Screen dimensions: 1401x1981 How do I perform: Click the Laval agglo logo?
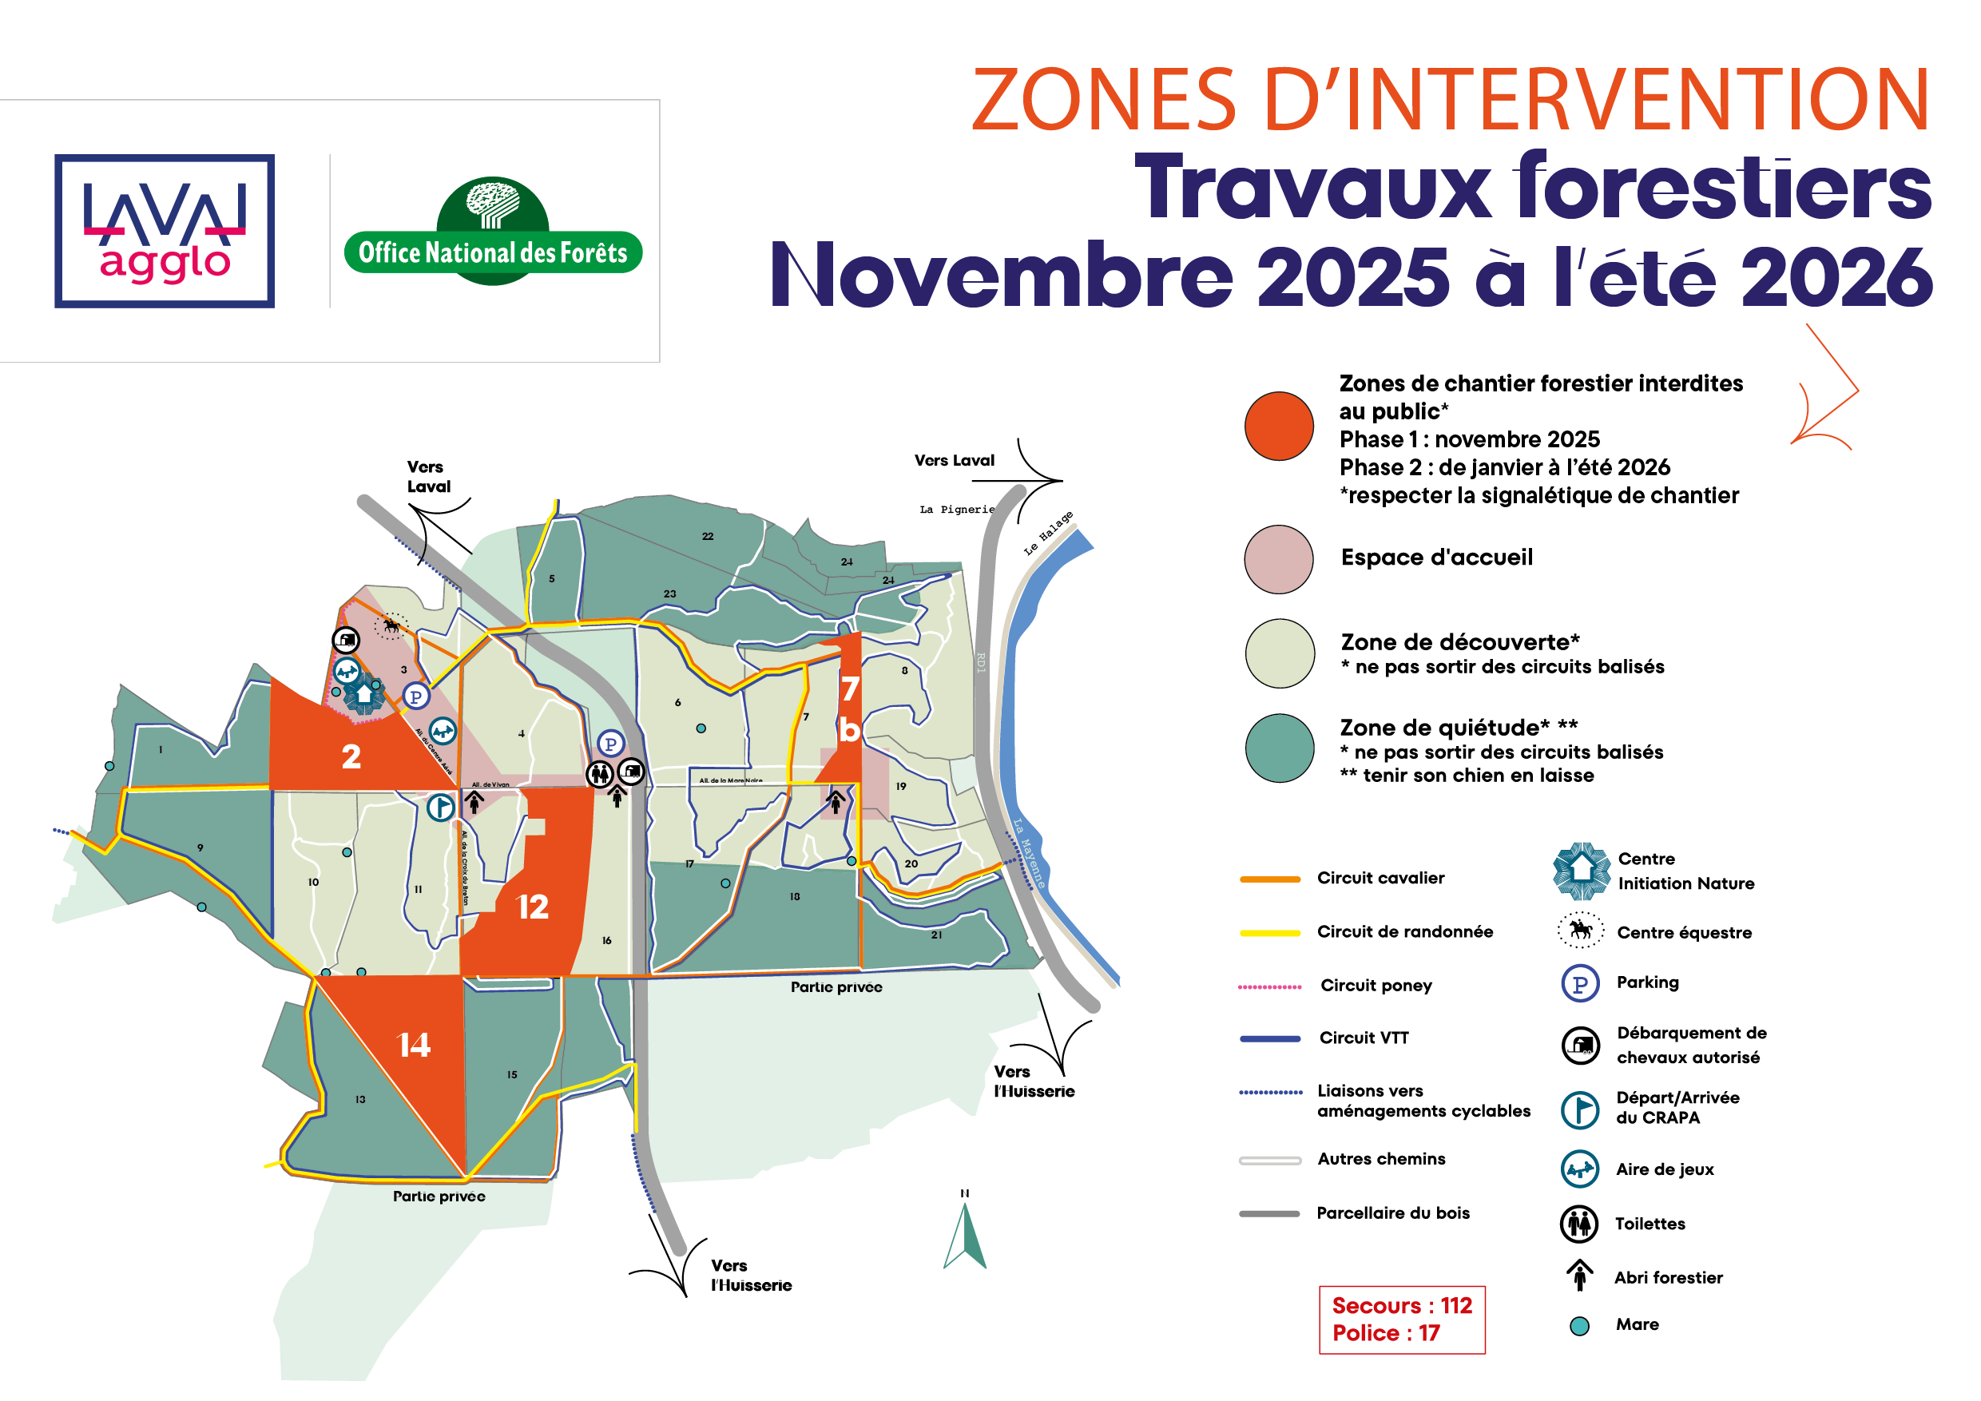pyautogui.click(x=164, y=231)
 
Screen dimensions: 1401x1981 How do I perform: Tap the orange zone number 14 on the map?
pyautogui.click(x=413, y=1046)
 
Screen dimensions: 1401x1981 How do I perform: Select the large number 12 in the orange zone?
pyautogui.click(x=532, y=907)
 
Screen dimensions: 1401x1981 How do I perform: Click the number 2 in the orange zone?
pyautogui.click(x=351, y=757)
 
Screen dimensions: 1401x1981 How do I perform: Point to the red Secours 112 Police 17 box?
pyautogui.click(x=1401, y=1319)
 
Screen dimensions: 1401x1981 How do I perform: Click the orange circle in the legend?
pyautogui.click(x=1279, y=427)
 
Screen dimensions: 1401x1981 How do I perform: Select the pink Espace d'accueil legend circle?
pyautogui.click(x=1279, y=559)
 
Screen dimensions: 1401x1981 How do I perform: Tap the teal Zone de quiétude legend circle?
pyautogui.click(x=1279, y=747)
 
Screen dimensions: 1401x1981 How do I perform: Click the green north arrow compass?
pyautogui.click(x=966, y=1236)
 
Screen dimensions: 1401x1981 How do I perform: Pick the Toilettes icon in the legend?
pyautogui.click(x=1579, y=1224)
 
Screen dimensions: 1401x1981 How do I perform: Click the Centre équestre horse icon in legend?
pyautogui.click(x=1580, y=931)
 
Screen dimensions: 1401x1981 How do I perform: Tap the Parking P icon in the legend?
pyautogui.click(x=1580, y=983)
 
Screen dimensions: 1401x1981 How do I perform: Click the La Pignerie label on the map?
pyautogui.click(x=956, y=510)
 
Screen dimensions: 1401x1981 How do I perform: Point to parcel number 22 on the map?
pyautogui.click(x=708, y=537)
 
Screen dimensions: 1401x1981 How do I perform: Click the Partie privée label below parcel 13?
pyautogui.click(x=439, y=1197)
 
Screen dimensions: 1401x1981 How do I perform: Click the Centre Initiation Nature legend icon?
pyautogui.click(x=1581, y=871)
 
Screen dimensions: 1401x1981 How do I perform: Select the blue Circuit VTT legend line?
pyautogui.click(x=1269, y=1038)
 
